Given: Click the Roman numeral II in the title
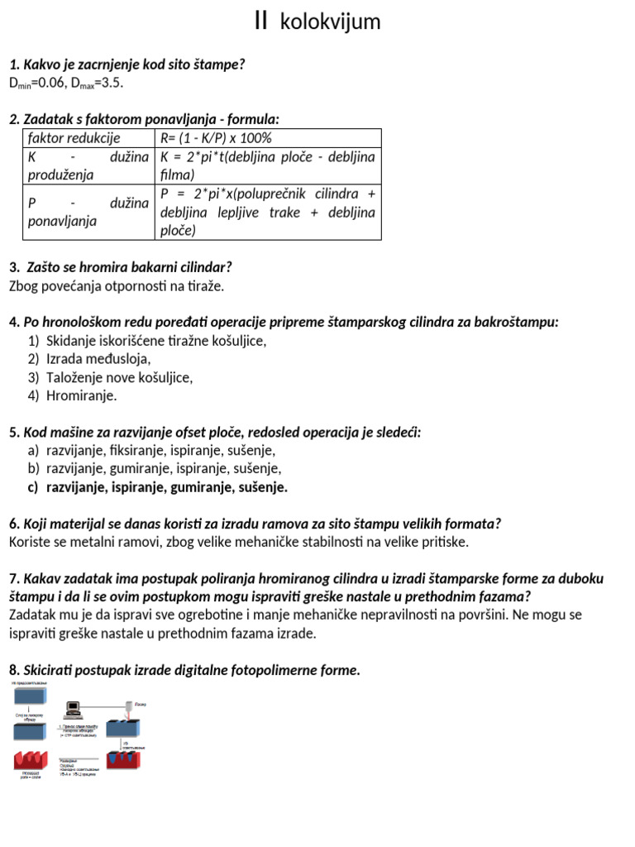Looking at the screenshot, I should click(261, 22).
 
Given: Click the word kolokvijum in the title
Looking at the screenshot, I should click(330, 22).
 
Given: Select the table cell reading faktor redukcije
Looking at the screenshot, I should click(74, 138).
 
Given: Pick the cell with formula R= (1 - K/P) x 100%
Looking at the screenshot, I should click(216, 138).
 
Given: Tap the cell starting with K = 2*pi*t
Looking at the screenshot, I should click(267, 165).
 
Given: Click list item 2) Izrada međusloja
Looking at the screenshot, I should click(98, 359).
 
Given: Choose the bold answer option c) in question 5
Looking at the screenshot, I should click(157, 487).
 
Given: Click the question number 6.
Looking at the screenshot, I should click(12, 524).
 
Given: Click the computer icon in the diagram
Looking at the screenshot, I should click(74, 710).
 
